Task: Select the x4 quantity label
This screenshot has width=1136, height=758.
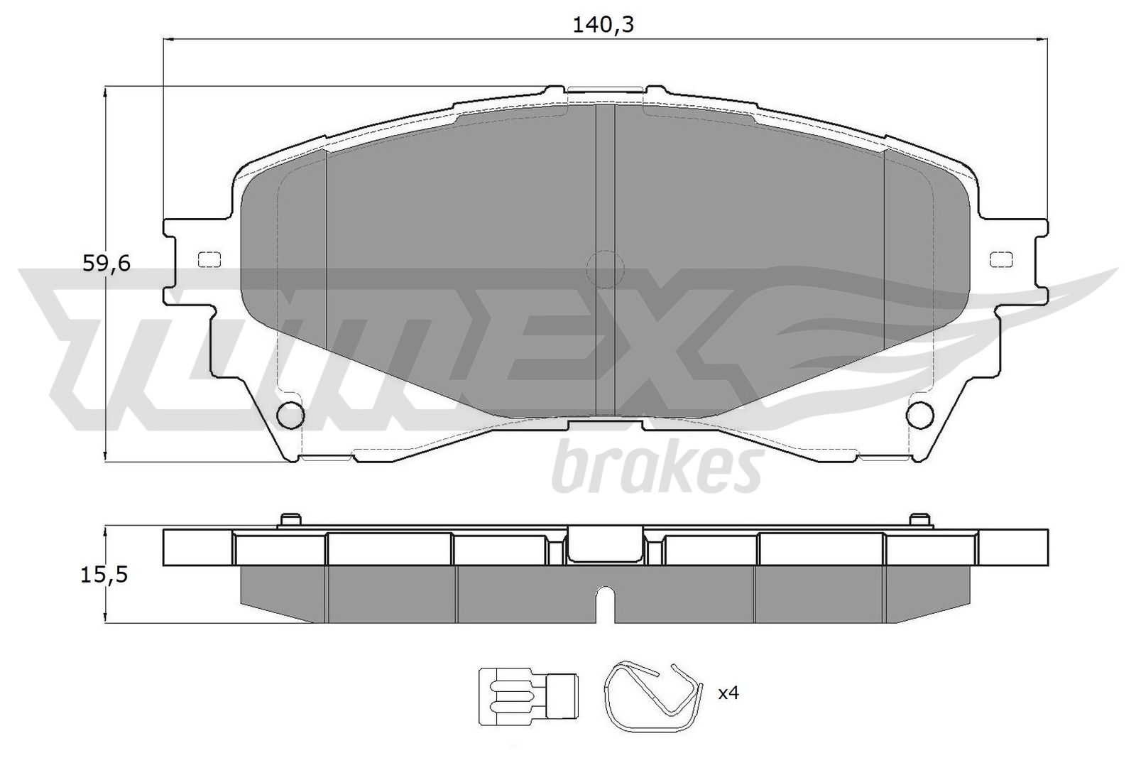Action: pos(728,693)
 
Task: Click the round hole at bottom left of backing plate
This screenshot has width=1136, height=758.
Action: pos(290,415)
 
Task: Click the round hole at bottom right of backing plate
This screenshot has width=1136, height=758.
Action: pos(922,415)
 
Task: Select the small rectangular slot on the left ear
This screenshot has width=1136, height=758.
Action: pos(209,260)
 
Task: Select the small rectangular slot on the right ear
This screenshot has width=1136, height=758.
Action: pos(1001,260)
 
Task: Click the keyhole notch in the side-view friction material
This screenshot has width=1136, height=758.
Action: pos(605,604)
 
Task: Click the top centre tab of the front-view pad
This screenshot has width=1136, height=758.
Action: pos(606,90)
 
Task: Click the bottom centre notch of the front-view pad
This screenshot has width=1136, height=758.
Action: pos(606,425)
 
